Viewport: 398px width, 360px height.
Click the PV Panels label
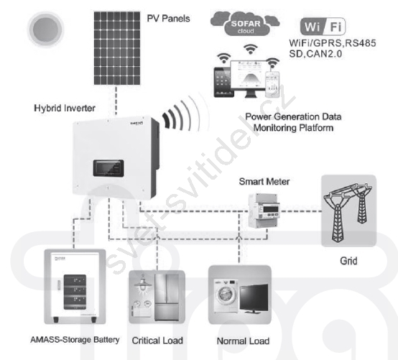click(x=168, y=19)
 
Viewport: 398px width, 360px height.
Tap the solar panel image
click(x=117, y=48)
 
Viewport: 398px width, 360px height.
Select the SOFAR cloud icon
click(x=245, y=24)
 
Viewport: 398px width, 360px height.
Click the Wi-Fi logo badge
click(x=323, y=27)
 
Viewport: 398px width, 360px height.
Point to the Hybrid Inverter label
click(x=65, y=109)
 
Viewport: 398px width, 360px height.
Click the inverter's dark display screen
click(x=108, y=168)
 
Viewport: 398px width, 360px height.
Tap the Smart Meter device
click(x=264, y=211)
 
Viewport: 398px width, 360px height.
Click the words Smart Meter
click(x=264, y=182)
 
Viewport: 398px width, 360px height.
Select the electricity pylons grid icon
click(x=348, y=211)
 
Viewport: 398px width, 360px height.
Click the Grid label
click(x=348, y=261)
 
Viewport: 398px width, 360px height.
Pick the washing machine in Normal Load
click(x=226, y=296)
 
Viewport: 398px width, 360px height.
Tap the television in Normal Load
click(x=254, y=298)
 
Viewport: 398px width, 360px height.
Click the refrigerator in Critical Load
click(x=166, y=297)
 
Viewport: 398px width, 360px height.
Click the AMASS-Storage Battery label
click(x=75, y=340)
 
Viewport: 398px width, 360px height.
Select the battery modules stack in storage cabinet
click(x=75, y=292)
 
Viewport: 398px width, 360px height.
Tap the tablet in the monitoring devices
click(x=223, y=82)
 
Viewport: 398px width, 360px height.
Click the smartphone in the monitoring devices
click(x=272, y=84)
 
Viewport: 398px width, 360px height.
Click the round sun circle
click(x=46, y=29)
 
